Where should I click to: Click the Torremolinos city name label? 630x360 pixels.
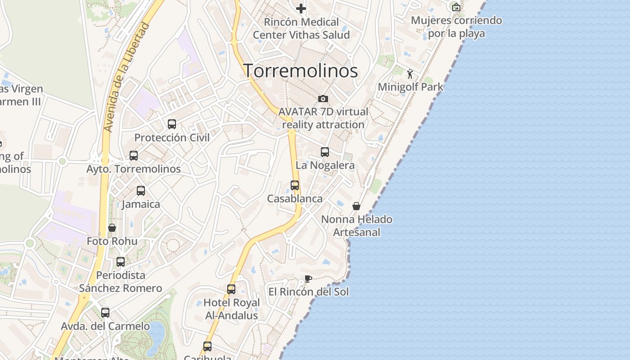tap(301, 71)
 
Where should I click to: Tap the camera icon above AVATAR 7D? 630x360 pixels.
tap(323, 99)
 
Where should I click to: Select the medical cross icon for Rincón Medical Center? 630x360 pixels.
tap(301, 8)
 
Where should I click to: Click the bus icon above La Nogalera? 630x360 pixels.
tap(325, 152)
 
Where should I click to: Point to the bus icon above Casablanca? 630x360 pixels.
tap(295, 185)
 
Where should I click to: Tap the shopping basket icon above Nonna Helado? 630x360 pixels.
tap(356, 206)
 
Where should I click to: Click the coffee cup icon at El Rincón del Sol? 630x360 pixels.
tap(308, 279)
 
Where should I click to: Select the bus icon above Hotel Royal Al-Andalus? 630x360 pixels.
tap(231, 289)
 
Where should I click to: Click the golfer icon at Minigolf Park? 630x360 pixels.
tap(410, 74)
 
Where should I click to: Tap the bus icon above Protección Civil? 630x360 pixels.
tap(172, 124)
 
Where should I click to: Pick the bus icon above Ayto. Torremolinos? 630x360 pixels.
tap(134, 156)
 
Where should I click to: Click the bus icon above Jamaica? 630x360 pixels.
tap(141, 191)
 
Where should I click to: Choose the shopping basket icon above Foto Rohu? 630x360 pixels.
tap(112, 228)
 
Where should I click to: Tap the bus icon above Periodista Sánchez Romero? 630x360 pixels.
tap(121, 262)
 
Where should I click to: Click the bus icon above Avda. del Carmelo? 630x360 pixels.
tap(105, 312)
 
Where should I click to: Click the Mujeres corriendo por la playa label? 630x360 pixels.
tap(456, 27)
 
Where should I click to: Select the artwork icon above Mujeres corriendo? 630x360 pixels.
tap(456, 7)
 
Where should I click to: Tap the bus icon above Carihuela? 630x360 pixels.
tap(207, 346)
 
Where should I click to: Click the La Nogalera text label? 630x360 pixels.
tap(325, 165)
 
